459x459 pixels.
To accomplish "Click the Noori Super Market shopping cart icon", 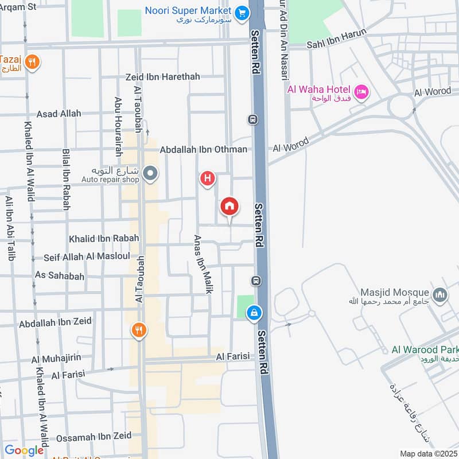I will [x=242, y=11].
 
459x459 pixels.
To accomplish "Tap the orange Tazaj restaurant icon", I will [x=33, y=62].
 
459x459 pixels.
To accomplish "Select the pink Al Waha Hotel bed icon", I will [x=361, y=92].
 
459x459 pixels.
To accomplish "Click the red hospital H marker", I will [x=207, y=179].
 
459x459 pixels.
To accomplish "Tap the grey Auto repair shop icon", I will [x=150, y=173].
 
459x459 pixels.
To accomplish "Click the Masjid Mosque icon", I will [x=440, y=295].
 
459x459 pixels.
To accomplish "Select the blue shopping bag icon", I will [x=253, y=313].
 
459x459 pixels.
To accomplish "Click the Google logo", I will [x=24, y=450].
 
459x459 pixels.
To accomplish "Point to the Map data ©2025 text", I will [x=428, y=454].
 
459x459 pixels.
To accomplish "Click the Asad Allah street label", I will [x=59, y=114].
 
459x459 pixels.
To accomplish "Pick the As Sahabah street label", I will [x=60, y=276].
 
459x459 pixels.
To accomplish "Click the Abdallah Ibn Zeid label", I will [x=55, y=323].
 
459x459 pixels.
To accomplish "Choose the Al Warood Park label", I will [x=425, y=349].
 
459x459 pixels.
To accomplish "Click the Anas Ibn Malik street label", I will [x=201, y=264].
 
